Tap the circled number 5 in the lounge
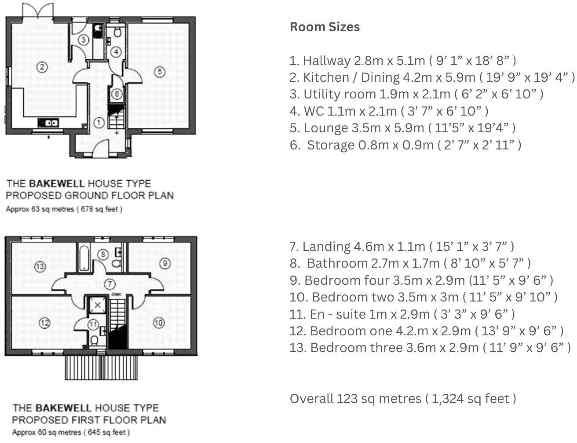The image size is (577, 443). tap(160, 71)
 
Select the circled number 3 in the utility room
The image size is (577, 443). tap(84, 40)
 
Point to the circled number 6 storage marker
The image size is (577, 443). tap(117, 94)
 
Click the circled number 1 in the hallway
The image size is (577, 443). tap(99, 123)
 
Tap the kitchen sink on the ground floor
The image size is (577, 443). tap(47, 123)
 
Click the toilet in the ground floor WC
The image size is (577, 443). tap(117, 32)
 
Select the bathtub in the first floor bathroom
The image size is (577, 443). tap(84, 258)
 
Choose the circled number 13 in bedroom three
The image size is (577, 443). tap(40, 266)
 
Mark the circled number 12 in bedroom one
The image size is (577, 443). tap(44, 323)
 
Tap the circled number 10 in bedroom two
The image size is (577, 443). tap(159, 323)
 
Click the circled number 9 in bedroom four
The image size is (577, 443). tap(164, 263)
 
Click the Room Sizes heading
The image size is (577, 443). tap(325, 27)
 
